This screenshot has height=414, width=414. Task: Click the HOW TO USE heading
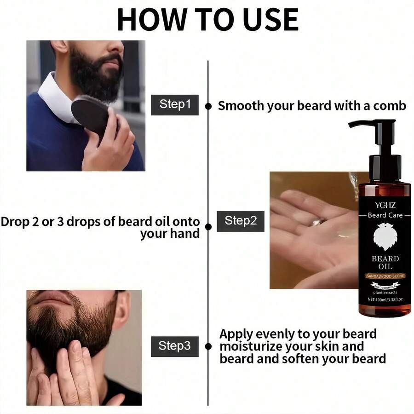click(208, 20)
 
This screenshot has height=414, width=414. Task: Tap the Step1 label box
click(175, 105)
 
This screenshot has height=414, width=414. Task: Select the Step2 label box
click(241, 221)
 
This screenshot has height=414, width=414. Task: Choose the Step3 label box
click(175, 346)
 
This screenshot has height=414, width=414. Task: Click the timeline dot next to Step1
click(208, 106)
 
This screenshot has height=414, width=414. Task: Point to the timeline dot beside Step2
click(208, 227)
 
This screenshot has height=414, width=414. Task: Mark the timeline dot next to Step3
click(208, 346)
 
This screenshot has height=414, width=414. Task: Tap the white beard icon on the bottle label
click(385, 237)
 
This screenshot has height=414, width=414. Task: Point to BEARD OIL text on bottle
click(385, 263)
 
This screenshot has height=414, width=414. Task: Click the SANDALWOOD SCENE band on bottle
click(385, 276)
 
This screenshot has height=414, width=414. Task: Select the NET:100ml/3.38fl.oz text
click(385, 299)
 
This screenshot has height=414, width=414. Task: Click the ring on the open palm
click(319, 222)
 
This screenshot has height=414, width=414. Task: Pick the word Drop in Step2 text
click(15, 222)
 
